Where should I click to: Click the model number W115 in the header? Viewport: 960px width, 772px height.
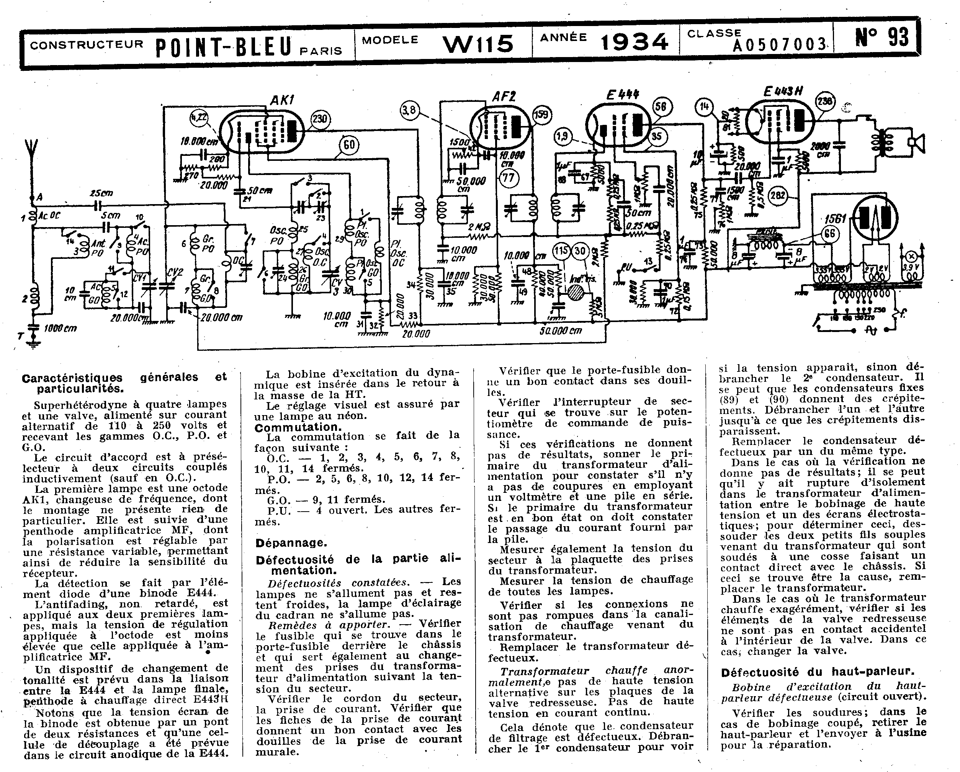478,43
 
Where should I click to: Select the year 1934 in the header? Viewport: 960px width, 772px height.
634,42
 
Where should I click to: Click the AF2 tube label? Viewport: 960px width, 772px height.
504,96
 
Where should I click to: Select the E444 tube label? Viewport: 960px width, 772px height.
623,94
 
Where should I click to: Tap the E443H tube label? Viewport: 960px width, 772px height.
783,91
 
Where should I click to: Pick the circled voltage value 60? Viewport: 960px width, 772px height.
349,145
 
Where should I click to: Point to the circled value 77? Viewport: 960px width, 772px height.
508,178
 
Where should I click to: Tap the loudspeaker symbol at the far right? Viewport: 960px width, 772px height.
916,143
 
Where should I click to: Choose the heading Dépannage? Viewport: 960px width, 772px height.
291,543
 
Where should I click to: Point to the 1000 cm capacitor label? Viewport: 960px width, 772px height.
61,329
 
